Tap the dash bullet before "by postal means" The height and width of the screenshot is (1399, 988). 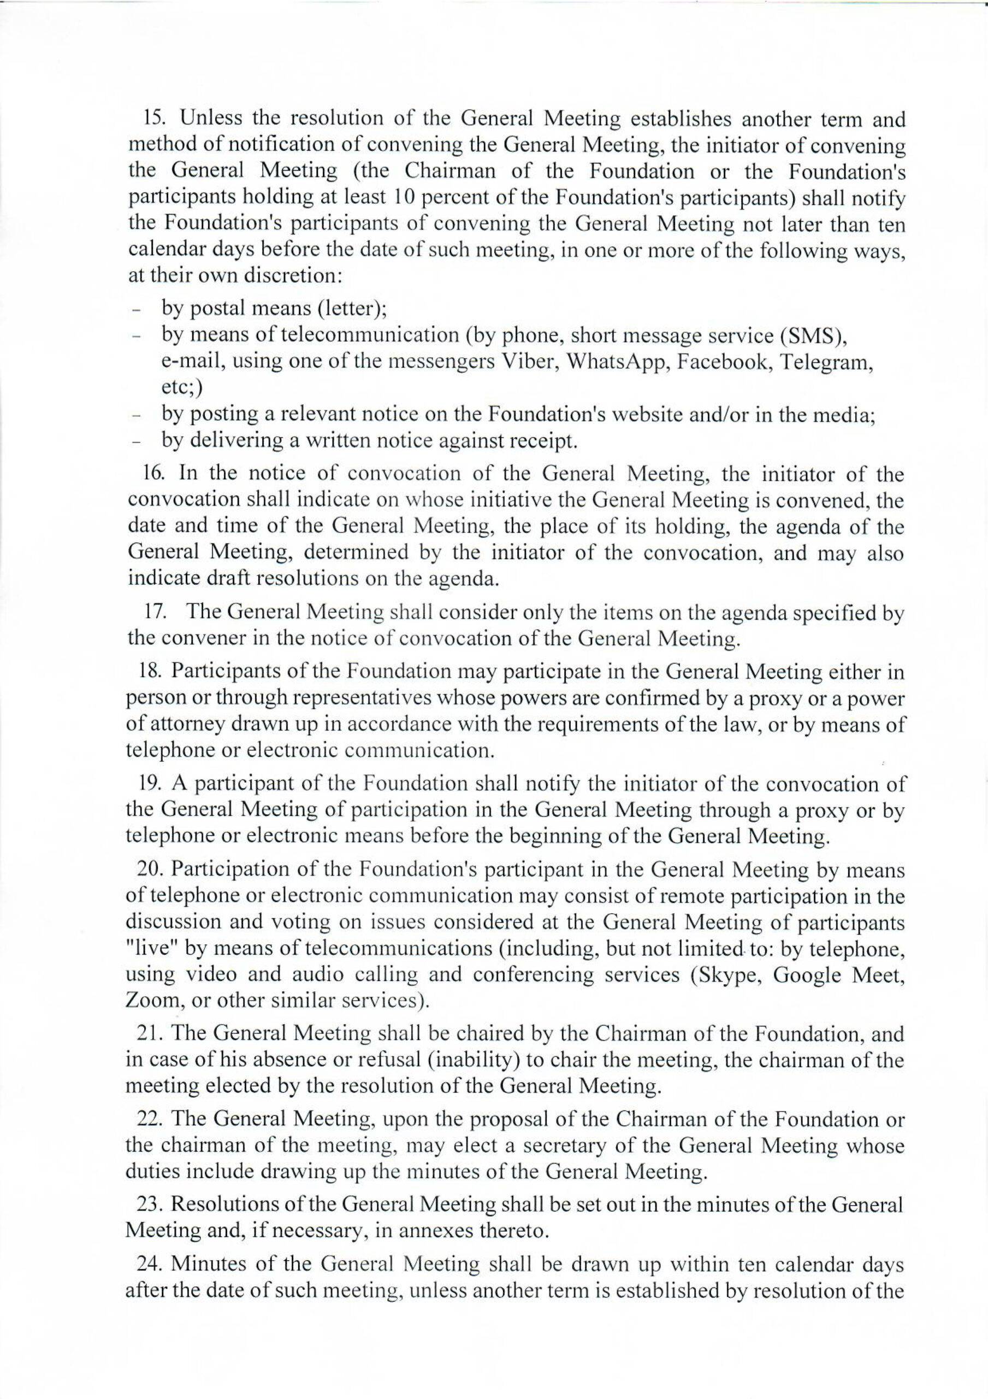coord(138,311)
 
